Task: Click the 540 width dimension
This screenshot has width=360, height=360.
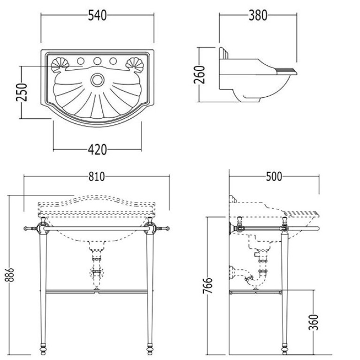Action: click(x=97, y=16)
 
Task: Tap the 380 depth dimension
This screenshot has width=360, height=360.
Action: click(x=258, y=16)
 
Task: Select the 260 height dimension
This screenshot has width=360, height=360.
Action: click(x=199, y=75)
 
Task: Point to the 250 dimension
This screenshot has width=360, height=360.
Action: click(x=22, y=92)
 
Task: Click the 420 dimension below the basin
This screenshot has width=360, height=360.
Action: click(x=97, y=150)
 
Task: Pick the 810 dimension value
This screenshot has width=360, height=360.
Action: click(x=97, y=177)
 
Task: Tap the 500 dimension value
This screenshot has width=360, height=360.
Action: click(x=274, y=177)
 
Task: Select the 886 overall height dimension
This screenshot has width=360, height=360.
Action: click(x=10, y=275)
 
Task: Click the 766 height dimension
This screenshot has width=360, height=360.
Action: click(x=208, y=286)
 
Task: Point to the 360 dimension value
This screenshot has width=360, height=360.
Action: click(x=314, y=322)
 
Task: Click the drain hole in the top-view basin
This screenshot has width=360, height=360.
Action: click(x=97, y=80)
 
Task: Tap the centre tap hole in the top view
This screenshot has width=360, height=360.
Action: click(x=97, y=61)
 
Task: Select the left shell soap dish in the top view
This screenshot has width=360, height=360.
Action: click(x=60, y=65)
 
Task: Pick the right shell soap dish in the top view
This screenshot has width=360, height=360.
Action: click(x=135, y=65)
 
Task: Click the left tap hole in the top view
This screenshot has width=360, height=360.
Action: click(x=81, y=61)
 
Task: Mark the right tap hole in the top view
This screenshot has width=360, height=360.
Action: click(x=113, y=61)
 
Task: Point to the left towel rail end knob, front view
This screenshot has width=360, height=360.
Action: click(x=25, y=229)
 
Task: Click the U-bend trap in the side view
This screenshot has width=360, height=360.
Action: click(x=255, y=279)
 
